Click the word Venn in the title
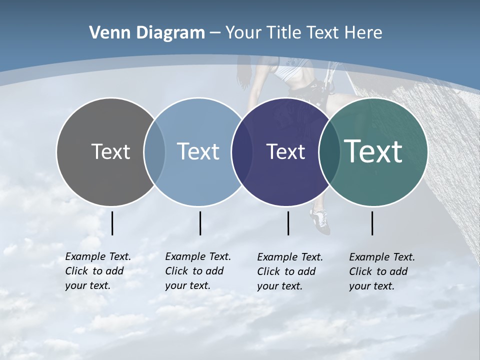click(x=105, y=33)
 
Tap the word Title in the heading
click(x=284, y=33)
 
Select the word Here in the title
click(x=362, y=33)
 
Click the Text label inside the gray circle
click(x=110, y=151)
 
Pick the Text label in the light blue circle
click(x=198, y=151)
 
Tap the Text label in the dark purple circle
click(x=285, y=151)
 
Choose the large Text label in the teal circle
click(x=373, y=151)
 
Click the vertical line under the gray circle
click(x=112, y=223)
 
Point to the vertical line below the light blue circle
click(x=200, y=223)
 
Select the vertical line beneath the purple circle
click(x=288, y=223)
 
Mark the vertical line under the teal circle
click(x=372, y=223)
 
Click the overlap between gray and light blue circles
click(x=154, y=151)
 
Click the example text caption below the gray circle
click(x=97, y=271)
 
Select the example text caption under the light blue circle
click(x=197, y=271)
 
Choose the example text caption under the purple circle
click(x=289, y=271)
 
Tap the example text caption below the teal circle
click(x=381, y=271)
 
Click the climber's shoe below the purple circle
click(x=320, y=221)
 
